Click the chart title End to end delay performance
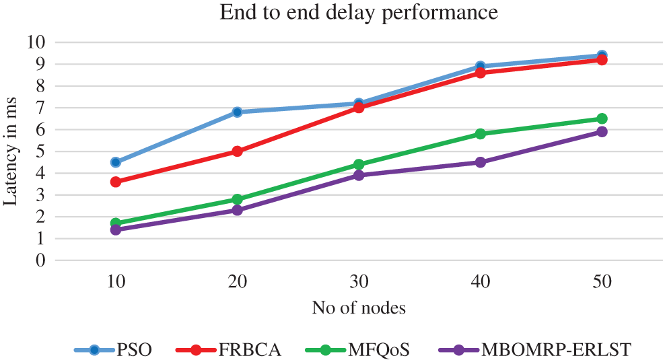click(x=359, y=13)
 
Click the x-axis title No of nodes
click(x=359, y=308)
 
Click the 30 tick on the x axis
click(x=359, y=282)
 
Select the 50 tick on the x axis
click(x=602, y=282)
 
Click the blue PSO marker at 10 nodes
click(x=116, y=162)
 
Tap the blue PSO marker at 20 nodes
click(x=237, y=112)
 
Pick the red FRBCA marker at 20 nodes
click(x=237, y=151)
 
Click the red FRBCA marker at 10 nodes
click(x=116, y=182)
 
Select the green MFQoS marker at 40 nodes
click(x=480, y=134)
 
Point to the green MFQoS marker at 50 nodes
click(x=602, y=118)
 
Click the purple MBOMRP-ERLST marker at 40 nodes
click(x=480, y=162)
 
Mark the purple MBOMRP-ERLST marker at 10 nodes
click(x=116, y=229)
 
